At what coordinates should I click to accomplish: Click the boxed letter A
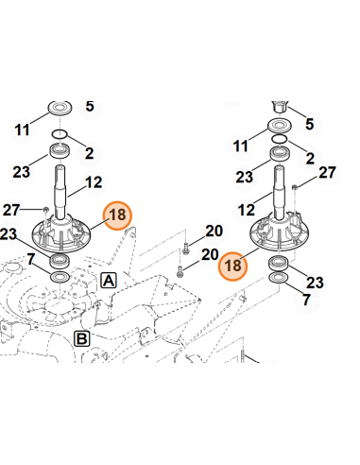[x=109, y=281]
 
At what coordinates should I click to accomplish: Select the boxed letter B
[x=82, y=338]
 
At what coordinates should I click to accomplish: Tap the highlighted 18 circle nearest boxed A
[x=118, y=216]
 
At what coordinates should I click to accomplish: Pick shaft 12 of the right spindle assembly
[x=281, y=189]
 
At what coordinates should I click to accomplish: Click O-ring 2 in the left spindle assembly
[x=62, y=138]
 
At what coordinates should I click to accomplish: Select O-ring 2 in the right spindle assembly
[x=280, y=138]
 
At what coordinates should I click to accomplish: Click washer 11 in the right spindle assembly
[x=280, y=126]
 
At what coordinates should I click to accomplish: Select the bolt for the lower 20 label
[x=180, y=271]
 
